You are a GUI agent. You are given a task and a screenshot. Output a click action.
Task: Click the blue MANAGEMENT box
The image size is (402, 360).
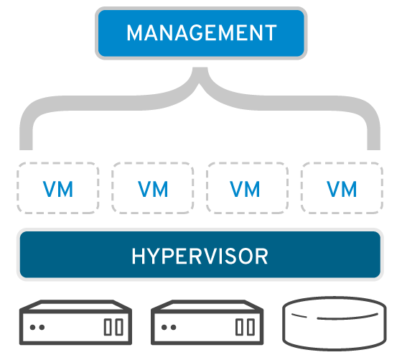[x=201, y=33]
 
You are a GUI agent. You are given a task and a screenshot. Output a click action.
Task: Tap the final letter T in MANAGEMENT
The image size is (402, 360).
[x=270, y=33]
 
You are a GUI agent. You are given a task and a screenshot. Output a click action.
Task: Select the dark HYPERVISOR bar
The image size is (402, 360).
[x=200, y=254]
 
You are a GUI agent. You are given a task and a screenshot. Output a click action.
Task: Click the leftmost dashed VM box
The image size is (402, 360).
[x=58, y=188]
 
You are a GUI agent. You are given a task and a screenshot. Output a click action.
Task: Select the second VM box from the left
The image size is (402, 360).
[x=153, y=188]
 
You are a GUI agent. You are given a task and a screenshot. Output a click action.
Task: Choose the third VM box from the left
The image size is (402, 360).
[x=248, y=188]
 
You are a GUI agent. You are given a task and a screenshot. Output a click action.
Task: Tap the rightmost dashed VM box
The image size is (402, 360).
[x=342, y=188]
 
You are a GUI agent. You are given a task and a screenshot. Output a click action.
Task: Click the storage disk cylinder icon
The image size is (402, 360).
[x=335, y=323]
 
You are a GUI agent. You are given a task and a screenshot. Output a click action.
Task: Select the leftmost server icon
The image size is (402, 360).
[x=75, y=323]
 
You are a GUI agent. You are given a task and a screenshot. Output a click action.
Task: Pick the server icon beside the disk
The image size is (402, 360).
[x=207, y=323]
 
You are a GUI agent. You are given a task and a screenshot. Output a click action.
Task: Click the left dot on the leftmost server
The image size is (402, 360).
[x=32, y=327]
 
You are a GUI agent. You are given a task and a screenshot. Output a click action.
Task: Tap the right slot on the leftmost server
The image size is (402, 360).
[x=119, y=327]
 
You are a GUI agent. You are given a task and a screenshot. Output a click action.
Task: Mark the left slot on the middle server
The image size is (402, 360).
[x=239, y=327]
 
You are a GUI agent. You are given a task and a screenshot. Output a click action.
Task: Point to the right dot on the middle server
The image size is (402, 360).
[x=173, y=327]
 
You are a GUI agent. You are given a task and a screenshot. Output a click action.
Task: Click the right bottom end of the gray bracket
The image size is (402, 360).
[x=373, y=147]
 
